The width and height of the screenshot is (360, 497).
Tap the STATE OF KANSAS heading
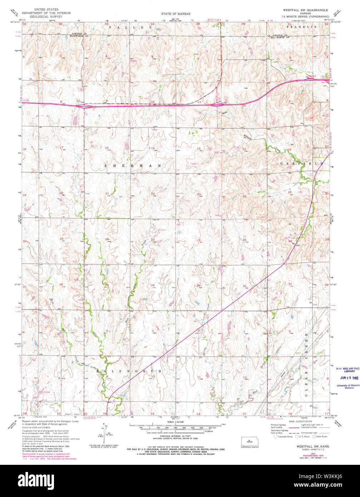coord(175,14)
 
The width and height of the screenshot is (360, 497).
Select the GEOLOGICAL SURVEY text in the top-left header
coord(51,16)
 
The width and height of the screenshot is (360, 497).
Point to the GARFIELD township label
coord(302,163)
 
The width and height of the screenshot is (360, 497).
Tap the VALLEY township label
coord(130,27)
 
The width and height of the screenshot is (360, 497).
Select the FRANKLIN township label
coord(301,27)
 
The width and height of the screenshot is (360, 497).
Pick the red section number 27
coord(153,239)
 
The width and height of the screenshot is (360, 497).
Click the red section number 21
coord(107,193)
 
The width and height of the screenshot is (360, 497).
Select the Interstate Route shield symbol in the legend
coord(275,437)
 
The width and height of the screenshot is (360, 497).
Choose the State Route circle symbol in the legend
coord(314,437)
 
